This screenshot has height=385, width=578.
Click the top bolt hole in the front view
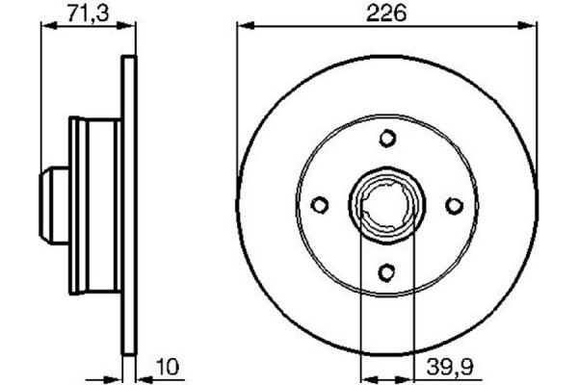pyautogui.click(x=387, y=138)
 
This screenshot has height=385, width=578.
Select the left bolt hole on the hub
pyautogui.click(x=321, y=204)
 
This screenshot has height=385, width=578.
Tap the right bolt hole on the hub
pyautogui.click(x=454, y=204)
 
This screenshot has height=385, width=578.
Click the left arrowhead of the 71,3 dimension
pyautogui.click(x=45, y=28)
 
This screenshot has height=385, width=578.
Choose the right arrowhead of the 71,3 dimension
pyautogui.click(x=127, y=28)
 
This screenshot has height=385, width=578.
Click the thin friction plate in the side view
pyautogui.click(x=127, y=204)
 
